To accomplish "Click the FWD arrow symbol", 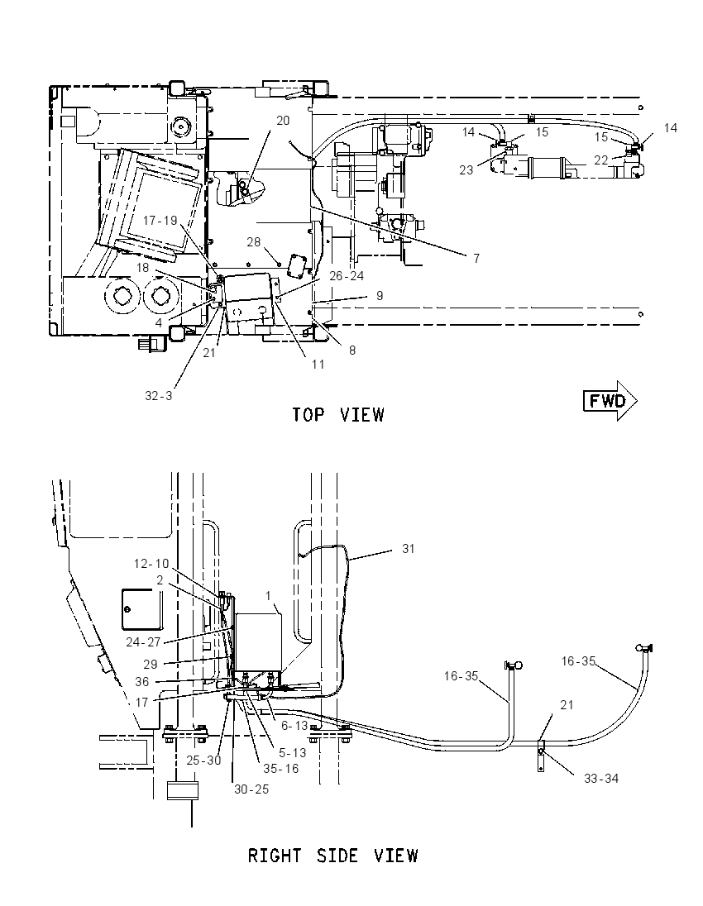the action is click(x=610, y=400).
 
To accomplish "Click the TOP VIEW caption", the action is click(x=337, y=415).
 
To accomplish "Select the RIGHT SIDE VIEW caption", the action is click(x=332, y=856).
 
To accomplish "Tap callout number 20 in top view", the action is click(x=283, y=120).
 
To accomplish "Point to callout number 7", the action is click(x=476, y=258).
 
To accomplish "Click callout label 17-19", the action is click(x=160, y=221).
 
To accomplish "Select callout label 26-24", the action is click(x=347, y=275).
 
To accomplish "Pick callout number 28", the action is click(x=254, y=242).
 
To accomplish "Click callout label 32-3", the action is click(x=159, y=396).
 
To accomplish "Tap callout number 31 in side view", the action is click(x=409, y=548).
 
